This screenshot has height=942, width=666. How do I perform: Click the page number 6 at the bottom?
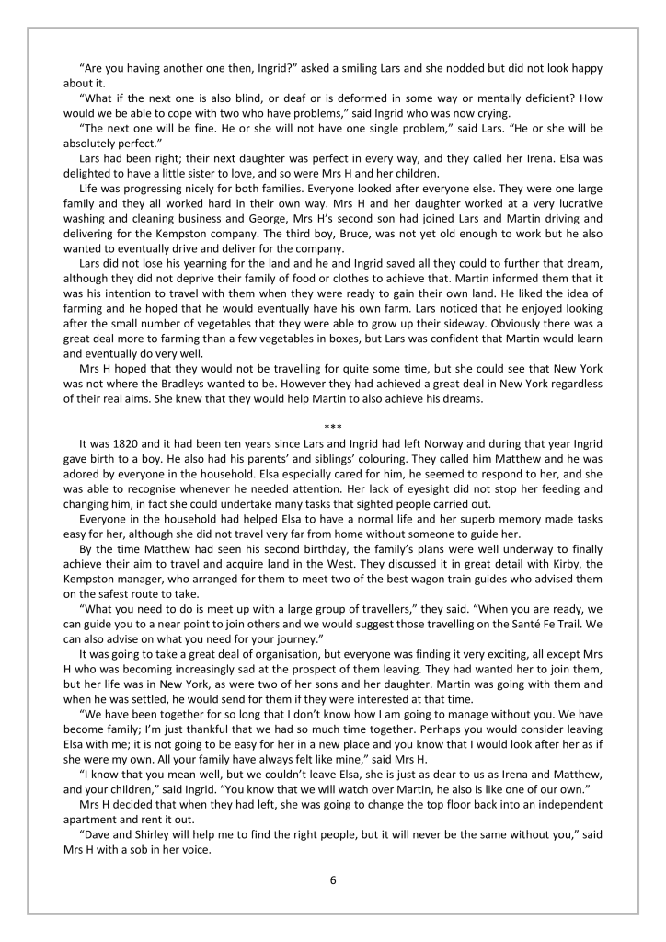pos(333,879)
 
